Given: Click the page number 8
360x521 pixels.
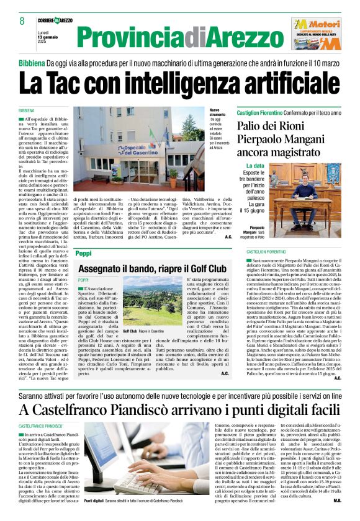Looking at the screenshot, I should click(x=22, y=21).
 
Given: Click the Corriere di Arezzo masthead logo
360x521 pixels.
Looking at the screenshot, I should click(x=55, y=20).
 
